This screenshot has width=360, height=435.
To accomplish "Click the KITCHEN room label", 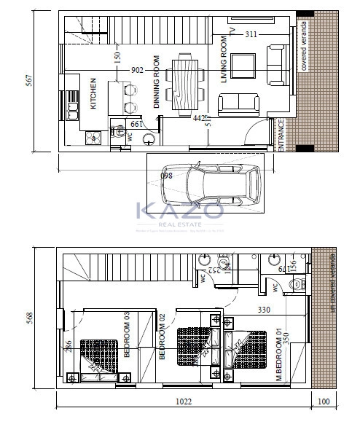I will (93, 93).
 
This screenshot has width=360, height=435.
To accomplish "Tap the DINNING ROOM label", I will (157, 82).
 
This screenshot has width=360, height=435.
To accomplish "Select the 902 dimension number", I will (137, 69).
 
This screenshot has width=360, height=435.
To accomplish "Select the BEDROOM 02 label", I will (163, 336).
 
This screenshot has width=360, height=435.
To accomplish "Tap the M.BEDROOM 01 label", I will (278, 355).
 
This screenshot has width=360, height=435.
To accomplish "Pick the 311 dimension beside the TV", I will (251, 34).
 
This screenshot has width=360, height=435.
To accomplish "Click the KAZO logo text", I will (180, 211).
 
